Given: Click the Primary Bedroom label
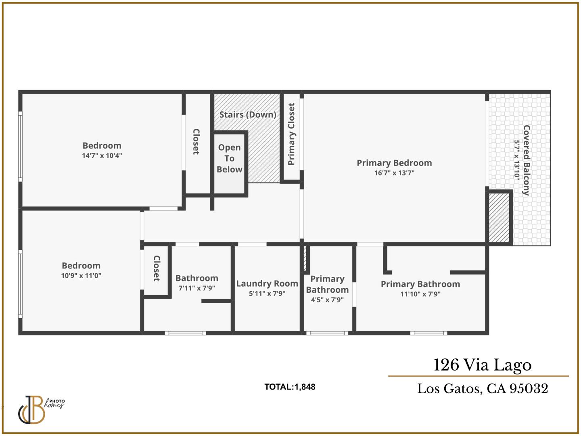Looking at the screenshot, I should click(394, 163).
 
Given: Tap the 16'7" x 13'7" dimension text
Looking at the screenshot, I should click(394, 173).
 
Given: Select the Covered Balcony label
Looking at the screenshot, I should click(526, 160).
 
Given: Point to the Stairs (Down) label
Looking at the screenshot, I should click(247, 115).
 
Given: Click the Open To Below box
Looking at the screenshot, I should click(230, 163).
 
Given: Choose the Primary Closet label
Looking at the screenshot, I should click(291, 134).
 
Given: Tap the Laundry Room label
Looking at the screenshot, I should click(267, 284).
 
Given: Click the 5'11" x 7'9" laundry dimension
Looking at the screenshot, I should click(267, 294).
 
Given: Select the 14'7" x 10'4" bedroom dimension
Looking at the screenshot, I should click(102, 156).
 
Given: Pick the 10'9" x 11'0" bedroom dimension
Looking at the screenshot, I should click(81, 276).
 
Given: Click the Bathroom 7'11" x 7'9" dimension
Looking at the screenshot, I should click(196, 288).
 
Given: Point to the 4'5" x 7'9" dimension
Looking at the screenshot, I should click(327, 300).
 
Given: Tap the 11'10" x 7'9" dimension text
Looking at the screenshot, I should click(420, 294).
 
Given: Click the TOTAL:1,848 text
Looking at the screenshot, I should click(290, 387).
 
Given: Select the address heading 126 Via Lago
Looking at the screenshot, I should click(482, 365).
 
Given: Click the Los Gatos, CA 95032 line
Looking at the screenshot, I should click(482, 389).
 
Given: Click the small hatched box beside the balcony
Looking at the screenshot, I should click(499, 218).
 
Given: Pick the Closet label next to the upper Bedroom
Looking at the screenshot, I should click(196, 142).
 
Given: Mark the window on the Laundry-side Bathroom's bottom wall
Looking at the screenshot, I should click(185, 333).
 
